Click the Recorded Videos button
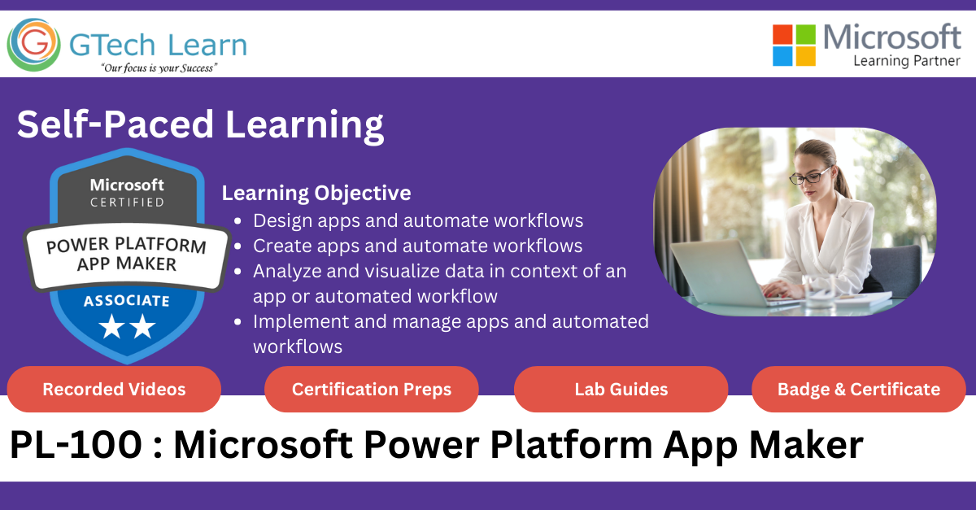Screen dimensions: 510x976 click(x=114, y=390)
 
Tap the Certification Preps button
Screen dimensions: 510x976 click(x=372, y=390)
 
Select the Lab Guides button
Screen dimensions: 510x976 click(x=621, y=390)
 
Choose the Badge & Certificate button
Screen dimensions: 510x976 click(x=859, y=390)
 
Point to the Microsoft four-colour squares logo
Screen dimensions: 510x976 click(x=794, y=45)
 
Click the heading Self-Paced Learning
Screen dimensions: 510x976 click(x=200, y=125)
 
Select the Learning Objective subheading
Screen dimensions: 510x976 click(x=316, y=193)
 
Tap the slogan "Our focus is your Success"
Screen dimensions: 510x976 click(x=158, y=68)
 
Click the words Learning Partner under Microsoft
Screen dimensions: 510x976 click(x=906, y=61)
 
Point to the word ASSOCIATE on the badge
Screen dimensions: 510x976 click(x=126, y=301)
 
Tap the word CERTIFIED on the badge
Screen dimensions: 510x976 click(x=127, y=202)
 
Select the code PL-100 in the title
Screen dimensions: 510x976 click(x=68, y=445)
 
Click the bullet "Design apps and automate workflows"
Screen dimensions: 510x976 click(x=418, y=220)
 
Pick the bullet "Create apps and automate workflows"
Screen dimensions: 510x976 click(x=418, y=246)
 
